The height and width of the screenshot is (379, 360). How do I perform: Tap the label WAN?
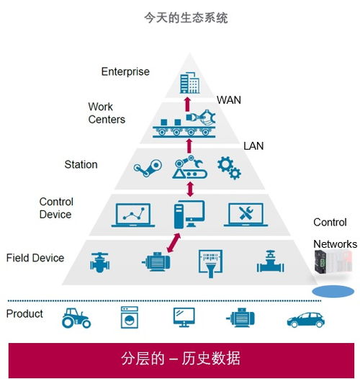229,101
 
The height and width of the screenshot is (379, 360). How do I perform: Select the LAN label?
253,146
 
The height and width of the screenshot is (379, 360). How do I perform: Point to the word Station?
81,164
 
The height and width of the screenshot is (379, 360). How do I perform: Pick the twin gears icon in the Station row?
229,168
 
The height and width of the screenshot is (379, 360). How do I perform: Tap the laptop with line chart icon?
136,213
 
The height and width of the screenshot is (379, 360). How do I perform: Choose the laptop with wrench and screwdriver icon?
248,213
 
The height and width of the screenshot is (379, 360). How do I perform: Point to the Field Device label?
35,258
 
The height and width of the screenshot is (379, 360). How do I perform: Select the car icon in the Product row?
306,318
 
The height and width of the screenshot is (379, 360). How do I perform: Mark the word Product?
24,314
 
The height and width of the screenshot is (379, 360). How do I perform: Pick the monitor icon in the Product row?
184,318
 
